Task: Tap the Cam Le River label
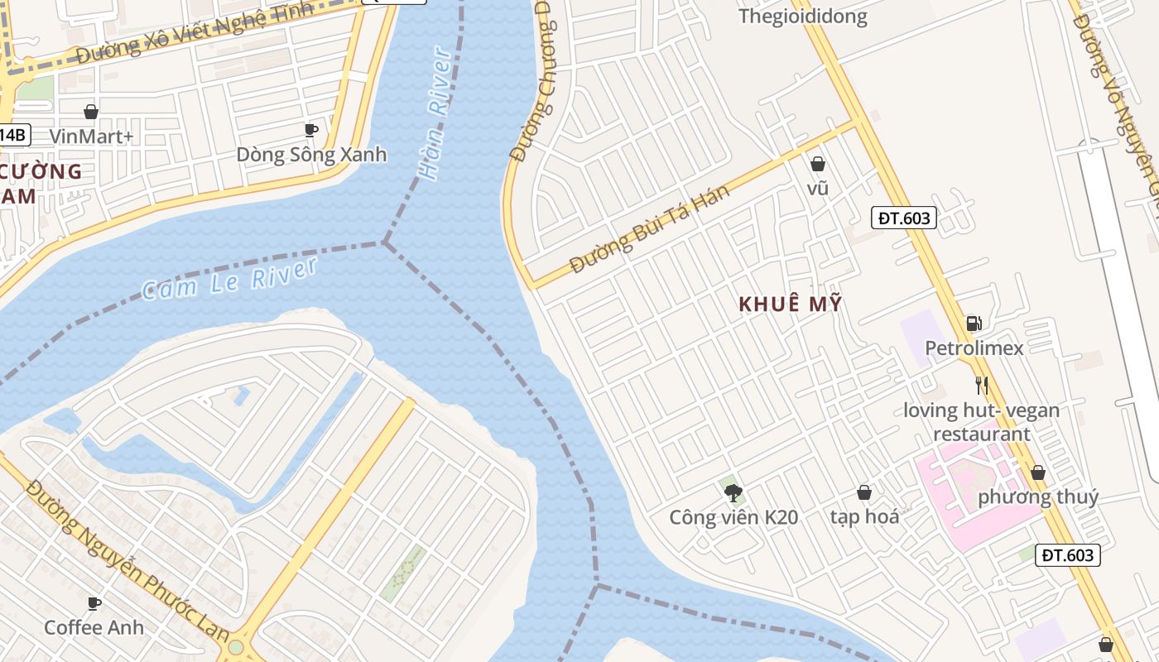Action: (x=229, y=279)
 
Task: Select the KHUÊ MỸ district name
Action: (x=790, y=304)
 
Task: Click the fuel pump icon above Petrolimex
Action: (x=974, y=324)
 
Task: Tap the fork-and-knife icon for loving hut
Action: (x=982, y=385)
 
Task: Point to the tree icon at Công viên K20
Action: (x=733, y=493)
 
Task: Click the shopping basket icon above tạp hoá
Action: (x=864, y=492)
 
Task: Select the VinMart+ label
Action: (x=91, y=137)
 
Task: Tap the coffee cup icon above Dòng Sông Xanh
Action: (x=311, y=130)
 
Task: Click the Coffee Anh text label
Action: (x=94, y=627)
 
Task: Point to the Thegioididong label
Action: (x=802, y=17)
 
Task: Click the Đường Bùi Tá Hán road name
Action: (x=650, y=230)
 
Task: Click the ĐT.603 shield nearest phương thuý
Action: (x=1067, y=555)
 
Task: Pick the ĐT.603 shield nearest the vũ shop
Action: (x=903, y=218)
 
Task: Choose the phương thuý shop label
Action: (x=1038, y=497)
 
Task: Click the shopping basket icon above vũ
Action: (x=818, y=164)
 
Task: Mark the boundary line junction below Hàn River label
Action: (x=385, y=242)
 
